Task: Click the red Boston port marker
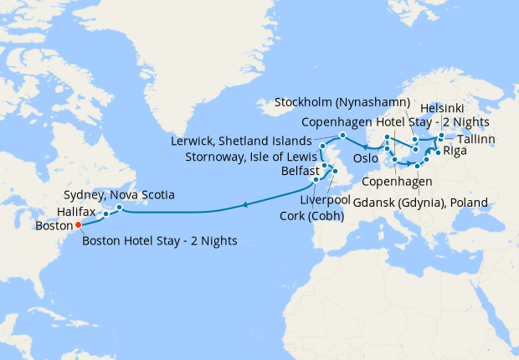pyautogui.click(x=78, y=224)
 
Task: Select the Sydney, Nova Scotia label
pyautogui.click(x=119, y=194)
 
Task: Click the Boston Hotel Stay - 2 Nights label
pyautogui.click(x=159, y=241)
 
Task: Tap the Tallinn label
pyautogui.click(x=476, y=138)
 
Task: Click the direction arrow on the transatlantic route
pyautogui.click(x=244, y=203)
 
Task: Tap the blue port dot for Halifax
pyautogui.click(x=106, y=213)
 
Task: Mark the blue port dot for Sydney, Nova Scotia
pyautogui.click(x=120, y=207)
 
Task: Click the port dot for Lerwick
pyautogui.click(x=342, y=136)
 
